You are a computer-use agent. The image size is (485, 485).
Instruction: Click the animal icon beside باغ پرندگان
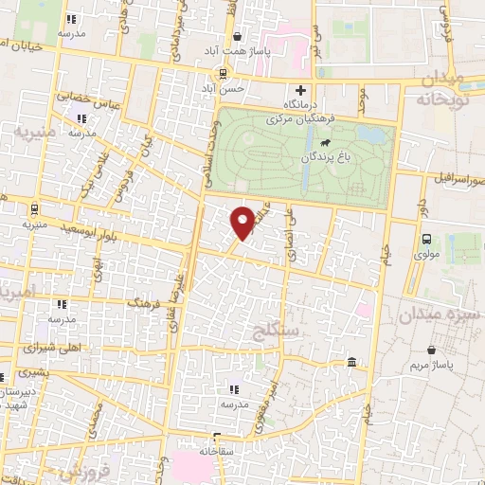325,143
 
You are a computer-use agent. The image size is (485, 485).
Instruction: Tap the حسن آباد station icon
224,73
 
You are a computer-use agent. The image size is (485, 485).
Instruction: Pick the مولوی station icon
425,240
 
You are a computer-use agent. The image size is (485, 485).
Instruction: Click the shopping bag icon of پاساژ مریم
432,350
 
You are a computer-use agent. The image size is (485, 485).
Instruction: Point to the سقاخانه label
219,454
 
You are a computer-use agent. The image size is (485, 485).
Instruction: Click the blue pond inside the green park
374,135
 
